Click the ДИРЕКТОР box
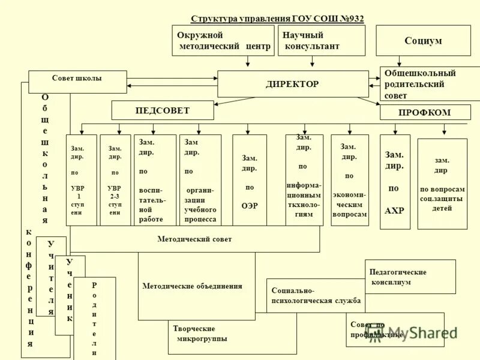click(x=293, y=84)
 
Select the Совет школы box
click(x=77, y=82)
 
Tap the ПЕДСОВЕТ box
click(x=162, y=110)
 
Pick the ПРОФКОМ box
click(x=425, y=112)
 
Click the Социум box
click(x=423, y=41)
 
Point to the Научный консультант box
click(x=321, y=40)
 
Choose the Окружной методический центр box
click(x=223, y=40)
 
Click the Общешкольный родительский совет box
click(x=429, y=83)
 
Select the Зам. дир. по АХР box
click(x=395, y=182)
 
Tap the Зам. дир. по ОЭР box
click(x=250, y=180)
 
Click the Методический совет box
click(x=195, y=239)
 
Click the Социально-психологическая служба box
click(x=316, y=295)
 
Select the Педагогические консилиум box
click(x=410, y=277)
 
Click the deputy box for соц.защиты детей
click(x=442, y=184)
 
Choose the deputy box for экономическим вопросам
click(x=350, y=180)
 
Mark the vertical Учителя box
click(x=51, y=277)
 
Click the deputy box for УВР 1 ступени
click(x=81, y=180)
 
